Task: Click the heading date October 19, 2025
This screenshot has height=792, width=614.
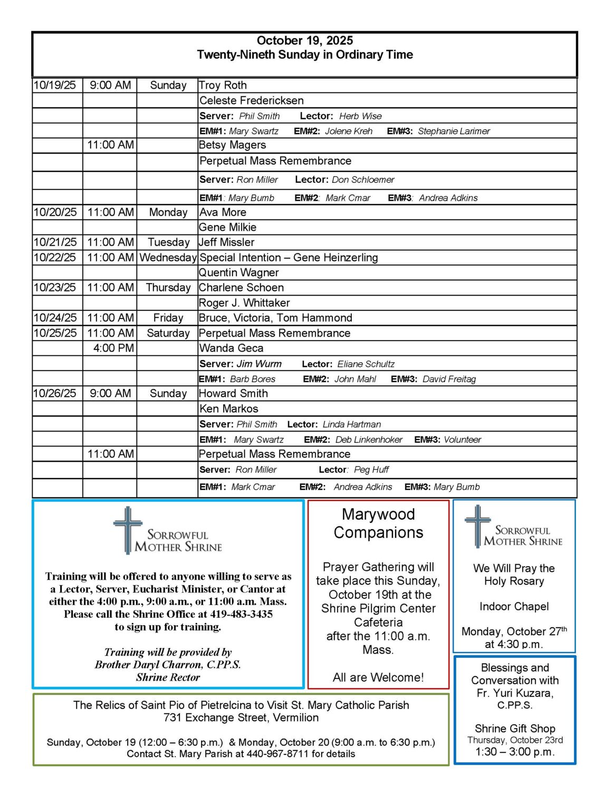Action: coord(304,41)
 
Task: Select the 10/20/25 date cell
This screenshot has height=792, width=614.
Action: coord(55,212)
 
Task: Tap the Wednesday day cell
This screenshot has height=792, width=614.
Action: coord(168,258)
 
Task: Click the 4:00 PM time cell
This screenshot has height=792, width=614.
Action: coord(113,348)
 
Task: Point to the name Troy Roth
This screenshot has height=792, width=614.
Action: coord(223,86)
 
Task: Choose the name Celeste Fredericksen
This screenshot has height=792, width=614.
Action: coord(252,100)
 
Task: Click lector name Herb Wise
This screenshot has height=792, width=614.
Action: coord(360,116)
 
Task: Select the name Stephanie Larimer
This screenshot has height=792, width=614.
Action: coord(454,131)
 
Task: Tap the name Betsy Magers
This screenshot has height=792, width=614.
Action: coord(233,145)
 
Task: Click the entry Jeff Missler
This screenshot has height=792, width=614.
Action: coord(227,242)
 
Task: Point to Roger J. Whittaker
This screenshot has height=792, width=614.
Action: coord(244,303)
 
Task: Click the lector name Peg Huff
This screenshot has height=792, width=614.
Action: coord(371,470)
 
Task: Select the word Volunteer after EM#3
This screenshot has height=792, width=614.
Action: coord(462,440)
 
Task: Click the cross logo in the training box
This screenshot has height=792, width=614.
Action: coord(127,530)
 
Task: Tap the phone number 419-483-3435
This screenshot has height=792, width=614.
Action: coord(241,615)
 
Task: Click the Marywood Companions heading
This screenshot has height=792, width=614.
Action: coord(378,523)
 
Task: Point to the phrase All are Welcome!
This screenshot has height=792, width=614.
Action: coord(378,677)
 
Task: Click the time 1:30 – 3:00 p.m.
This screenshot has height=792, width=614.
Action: coord(514,752)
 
